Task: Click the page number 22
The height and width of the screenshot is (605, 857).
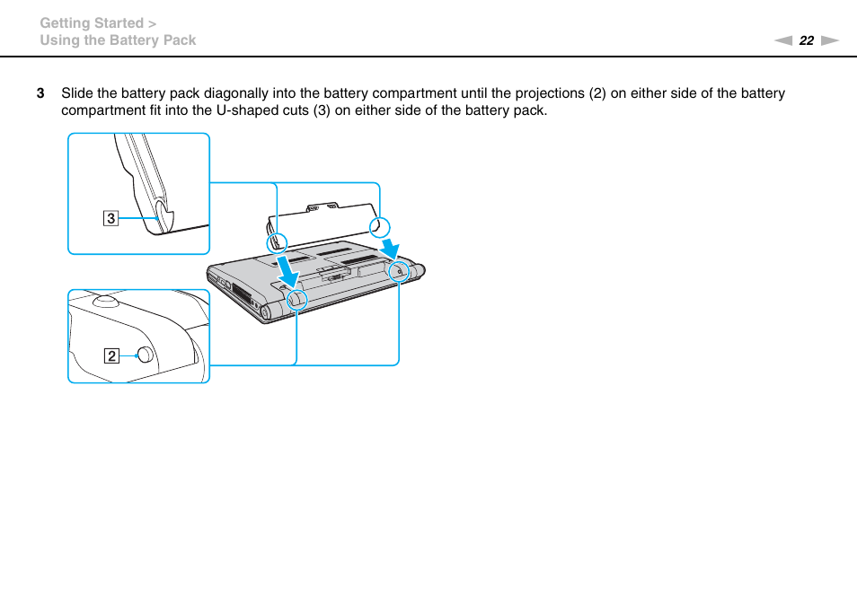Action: pos(806,40)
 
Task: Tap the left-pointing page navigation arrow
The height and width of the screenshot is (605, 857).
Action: pos(783,40)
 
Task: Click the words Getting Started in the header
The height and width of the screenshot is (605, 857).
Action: pos(92,23)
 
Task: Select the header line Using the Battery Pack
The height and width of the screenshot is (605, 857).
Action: pos(118,40)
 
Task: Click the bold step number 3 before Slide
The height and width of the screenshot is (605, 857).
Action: pos(40,93)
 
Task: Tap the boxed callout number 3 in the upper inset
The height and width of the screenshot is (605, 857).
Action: pos(110,217)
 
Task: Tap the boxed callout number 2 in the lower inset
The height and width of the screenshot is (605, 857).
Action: pos(110,355)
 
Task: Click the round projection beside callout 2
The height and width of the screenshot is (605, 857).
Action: pos(144,354)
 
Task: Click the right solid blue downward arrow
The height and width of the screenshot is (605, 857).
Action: pos(390,245)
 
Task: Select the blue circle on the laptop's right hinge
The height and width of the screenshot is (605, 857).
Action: pos(398,269)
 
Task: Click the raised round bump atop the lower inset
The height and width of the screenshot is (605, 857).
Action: pos(104,301)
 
